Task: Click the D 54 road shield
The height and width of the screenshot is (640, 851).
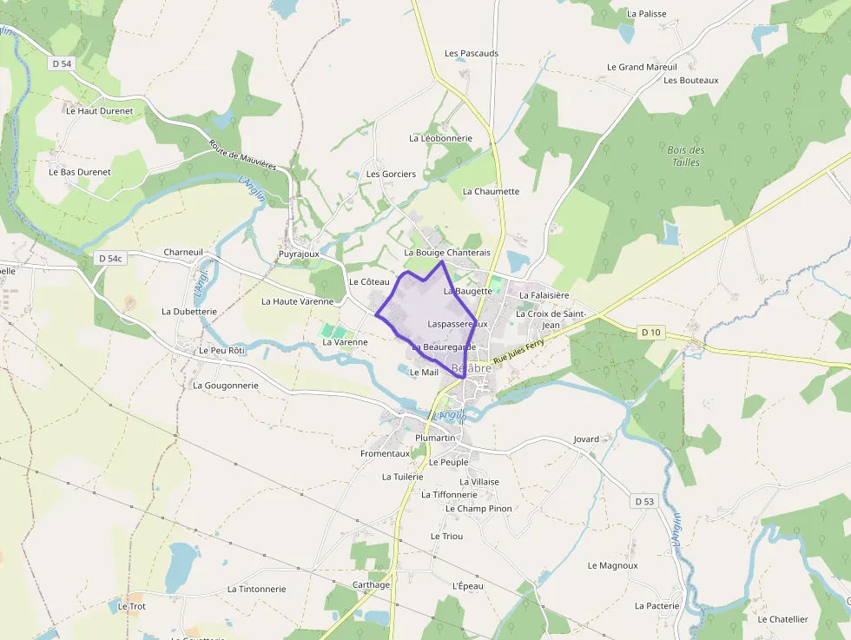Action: (x=62, y=64)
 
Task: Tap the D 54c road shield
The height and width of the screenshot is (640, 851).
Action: (x=111, y=258)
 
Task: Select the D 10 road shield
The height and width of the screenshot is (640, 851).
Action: (x=650, y=332)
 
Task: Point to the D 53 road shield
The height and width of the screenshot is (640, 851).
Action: (x=643, y=502)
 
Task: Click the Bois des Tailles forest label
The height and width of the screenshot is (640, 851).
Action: (x=686, y=156)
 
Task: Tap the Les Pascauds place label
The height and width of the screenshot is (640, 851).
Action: (x=472, y=54)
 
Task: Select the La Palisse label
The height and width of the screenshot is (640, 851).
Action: (x=646, y=14)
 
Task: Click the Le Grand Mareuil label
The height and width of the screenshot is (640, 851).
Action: (x=641, y=67)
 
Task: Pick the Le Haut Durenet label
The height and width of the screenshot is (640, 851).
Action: (x=100, y=111)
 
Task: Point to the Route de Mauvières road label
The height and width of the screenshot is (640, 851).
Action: (x=248, y=155)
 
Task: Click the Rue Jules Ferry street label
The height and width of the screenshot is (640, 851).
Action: (x=518, y=349)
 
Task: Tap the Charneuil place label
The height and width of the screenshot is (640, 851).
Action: (x=183, y=253)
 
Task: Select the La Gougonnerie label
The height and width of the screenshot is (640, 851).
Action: (x=226, y=386)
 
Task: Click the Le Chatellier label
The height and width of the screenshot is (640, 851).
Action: (x=782, y=619)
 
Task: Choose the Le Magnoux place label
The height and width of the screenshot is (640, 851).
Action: (x=613, y=565)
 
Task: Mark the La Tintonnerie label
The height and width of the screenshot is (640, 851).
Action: (x=256, y=589)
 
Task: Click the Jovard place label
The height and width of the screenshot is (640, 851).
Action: (x=586, y=439)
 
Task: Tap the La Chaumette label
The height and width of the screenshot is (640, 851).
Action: (x=491, y=192)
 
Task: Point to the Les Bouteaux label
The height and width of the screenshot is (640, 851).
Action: (x=691, y=81)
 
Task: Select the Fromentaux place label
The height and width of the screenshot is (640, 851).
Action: (x=385, y=453)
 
